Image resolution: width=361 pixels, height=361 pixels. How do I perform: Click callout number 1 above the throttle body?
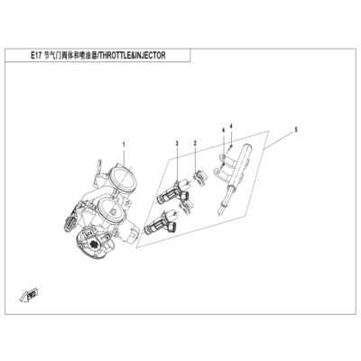coord(124,145)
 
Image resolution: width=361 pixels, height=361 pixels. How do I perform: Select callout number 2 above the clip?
coord(195,143)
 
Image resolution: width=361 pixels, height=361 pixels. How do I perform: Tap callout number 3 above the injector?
coord(177,143)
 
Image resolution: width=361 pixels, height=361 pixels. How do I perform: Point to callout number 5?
coord(296,130)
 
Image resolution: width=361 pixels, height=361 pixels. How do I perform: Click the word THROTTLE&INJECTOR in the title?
coord(132,55)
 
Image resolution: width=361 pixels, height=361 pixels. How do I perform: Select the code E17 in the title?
coord(34,55)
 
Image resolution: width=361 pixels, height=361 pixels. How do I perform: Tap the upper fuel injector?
coord(173,191)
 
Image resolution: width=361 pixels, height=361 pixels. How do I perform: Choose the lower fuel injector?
coord(162,223)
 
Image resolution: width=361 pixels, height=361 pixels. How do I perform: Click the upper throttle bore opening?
coord(123,180)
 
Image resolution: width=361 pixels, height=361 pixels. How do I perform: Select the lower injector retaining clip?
coord(185,208)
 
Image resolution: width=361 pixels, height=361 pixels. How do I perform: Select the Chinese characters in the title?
coord(70,55)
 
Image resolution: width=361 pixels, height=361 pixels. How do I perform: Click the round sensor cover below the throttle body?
coord(91,244)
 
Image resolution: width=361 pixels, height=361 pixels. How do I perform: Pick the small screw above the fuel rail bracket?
coord(230,146)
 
